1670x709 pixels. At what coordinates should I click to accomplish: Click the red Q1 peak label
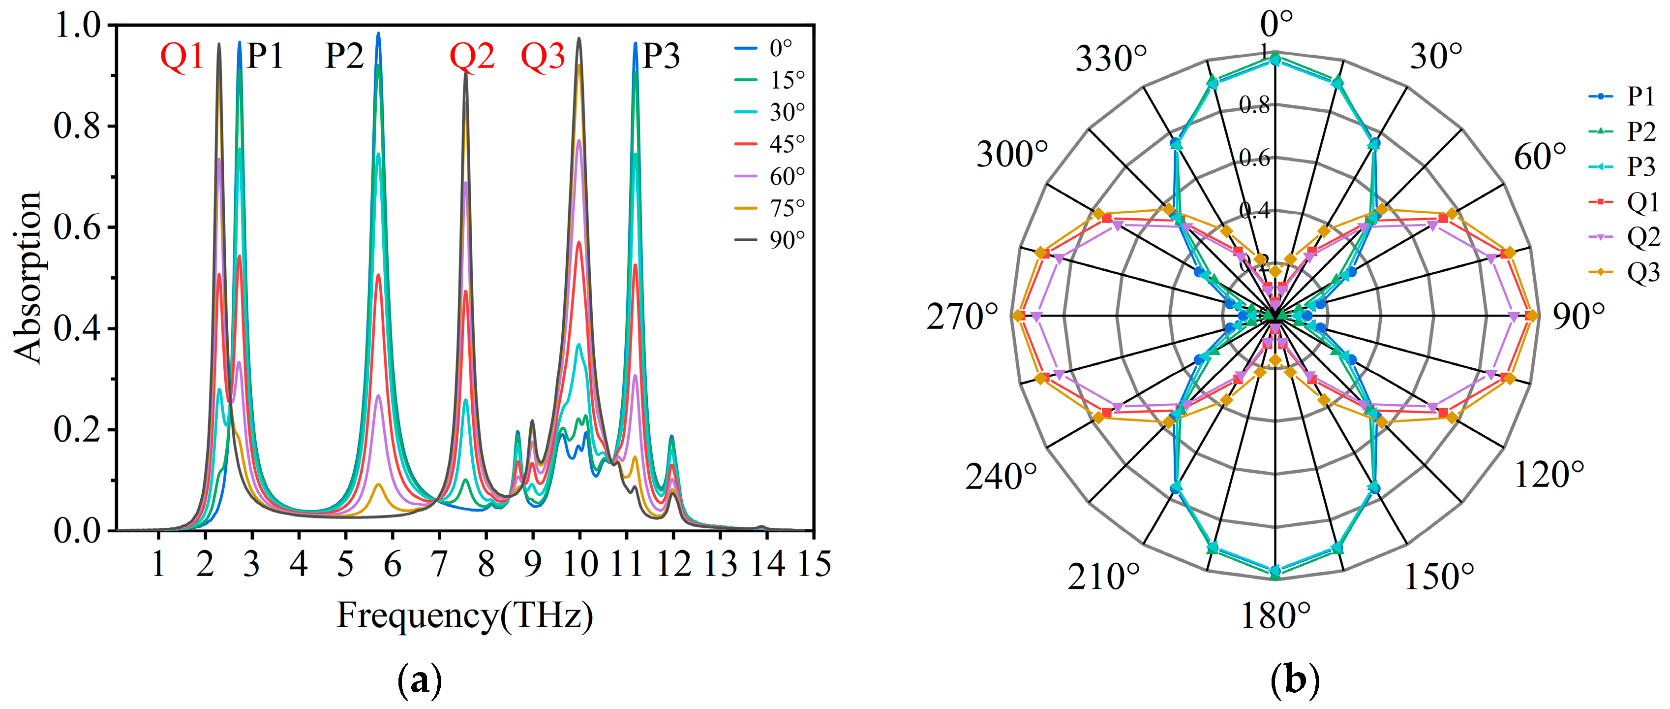(182, 57)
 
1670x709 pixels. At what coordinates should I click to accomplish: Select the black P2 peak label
(344, 57)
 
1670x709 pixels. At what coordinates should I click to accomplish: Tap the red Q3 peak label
(543, 57)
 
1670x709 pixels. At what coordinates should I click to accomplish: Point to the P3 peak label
(661, 57)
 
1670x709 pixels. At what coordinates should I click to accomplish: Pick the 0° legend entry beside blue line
(780, 48)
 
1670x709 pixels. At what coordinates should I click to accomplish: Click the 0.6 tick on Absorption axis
(77, 227)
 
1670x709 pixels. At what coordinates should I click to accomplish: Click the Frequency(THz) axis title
(465, 615)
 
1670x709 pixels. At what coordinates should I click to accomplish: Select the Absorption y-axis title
(27, 278)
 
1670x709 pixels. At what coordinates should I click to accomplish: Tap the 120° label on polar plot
(1549, 475)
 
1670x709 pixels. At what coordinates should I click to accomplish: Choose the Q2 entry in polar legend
(1642, 237)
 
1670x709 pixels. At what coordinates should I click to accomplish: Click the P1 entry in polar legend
(1640, 97)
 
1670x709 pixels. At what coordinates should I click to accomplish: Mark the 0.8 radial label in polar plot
(1254, 105)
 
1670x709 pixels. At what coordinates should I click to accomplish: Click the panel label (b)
(1295, 680)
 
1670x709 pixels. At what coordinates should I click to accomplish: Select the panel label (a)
(419, 680)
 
